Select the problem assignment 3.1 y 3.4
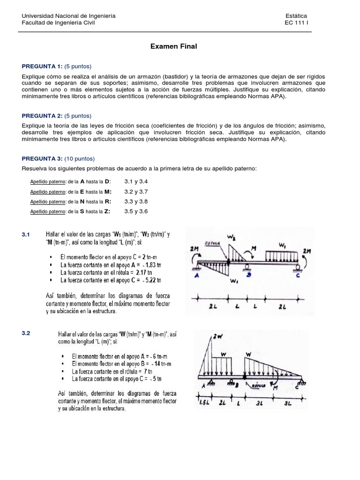tap(136, 181)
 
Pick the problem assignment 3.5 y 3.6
tap(136, 211)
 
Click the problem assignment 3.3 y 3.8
tap(136, 202)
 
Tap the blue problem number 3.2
tap(26, 333)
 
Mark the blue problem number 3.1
tap(26, 234)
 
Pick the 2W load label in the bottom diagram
tap(217, 336)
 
